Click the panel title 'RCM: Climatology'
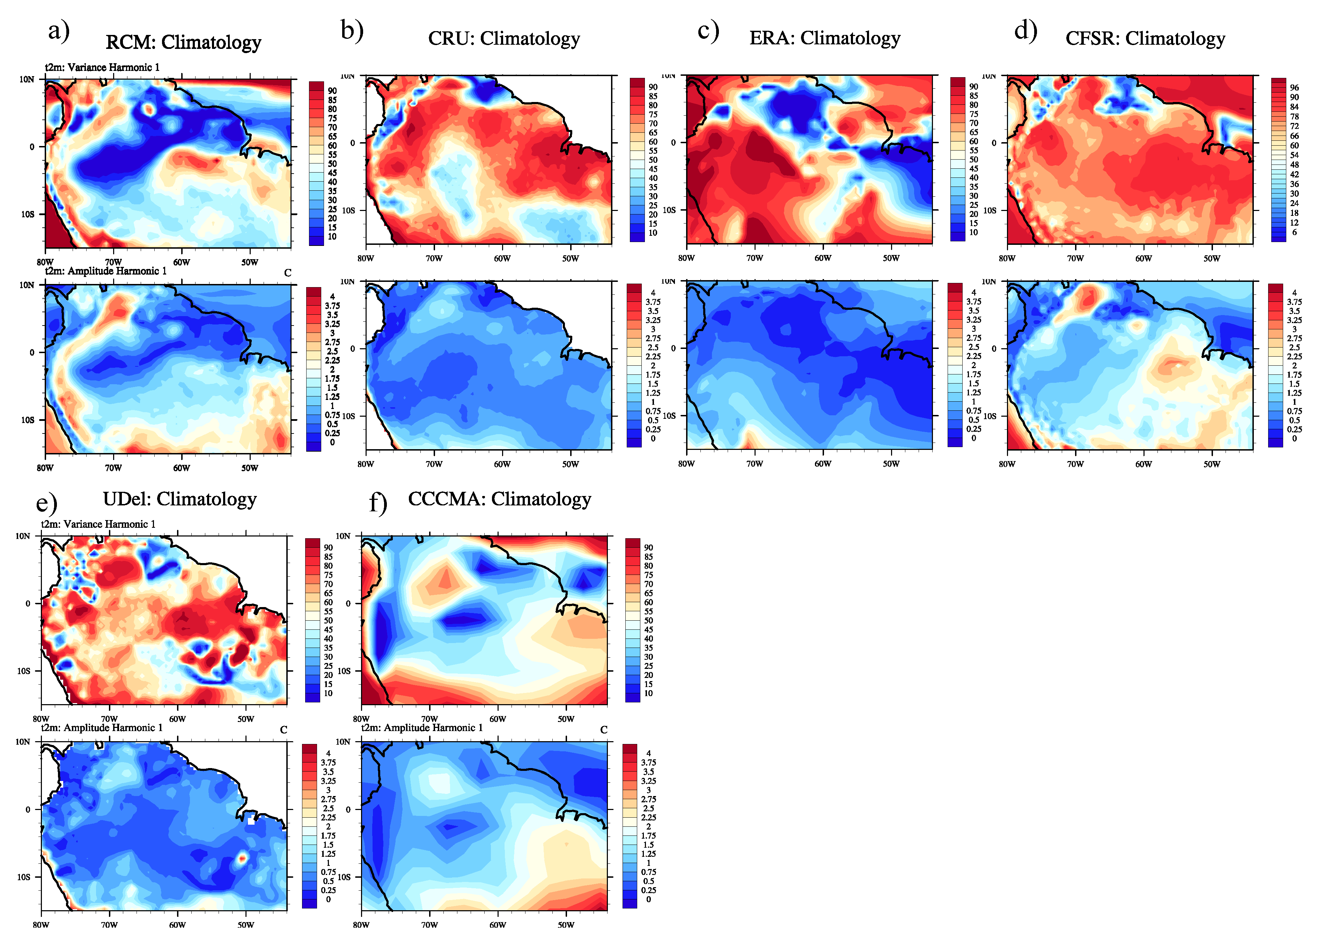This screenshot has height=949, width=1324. [x=183, y=43]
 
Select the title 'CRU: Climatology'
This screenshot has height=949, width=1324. [x=504, y=38]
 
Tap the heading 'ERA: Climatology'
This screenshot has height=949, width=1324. [x=824, y=38]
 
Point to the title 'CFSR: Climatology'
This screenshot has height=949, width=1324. [x=1145, y=38]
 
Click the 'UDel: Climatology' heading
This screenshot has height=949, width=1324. [x=180, y=499]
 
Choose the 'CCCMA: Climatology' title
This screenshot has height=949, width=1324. [x=499, y=499]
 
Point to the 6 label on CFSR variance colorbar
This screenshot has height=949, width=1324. [x=1294, y=232]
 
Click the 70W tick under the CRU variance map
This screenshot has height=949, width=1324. [x=434, y=258]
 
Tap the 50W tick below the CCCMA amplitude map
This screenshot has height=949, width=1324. [x=566, y=925]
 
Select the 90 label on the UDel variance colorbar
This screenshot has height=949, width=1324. [x=328, y=548]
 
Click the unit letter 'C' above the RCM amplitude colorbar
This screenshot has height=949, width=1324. [x=287, y=273]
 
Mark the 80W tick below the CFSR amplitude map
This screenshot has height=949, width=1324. [x=1007, y=464]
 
